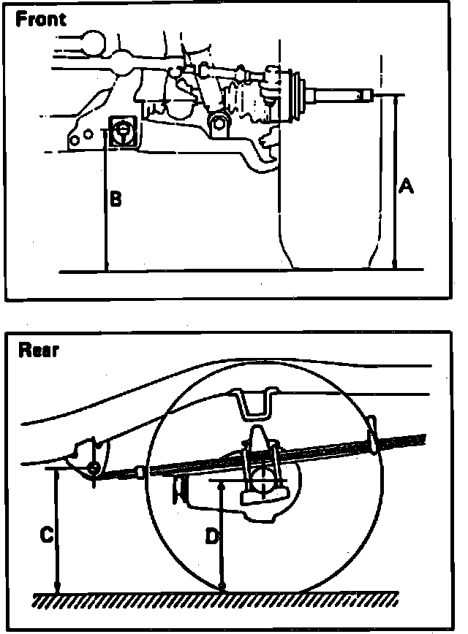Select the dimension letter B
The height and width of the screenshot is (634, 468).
tap(116, 198)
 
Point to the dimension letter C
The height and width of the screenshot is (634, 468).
tap(45, 535)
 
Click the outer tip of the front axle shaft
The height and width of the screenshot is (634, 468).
tap(368, 94)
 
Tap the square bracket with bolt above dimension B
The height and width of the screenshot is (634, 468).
tap(121, 131)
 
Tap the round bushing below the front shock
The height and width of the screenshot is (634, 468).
tap(216, 122)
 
